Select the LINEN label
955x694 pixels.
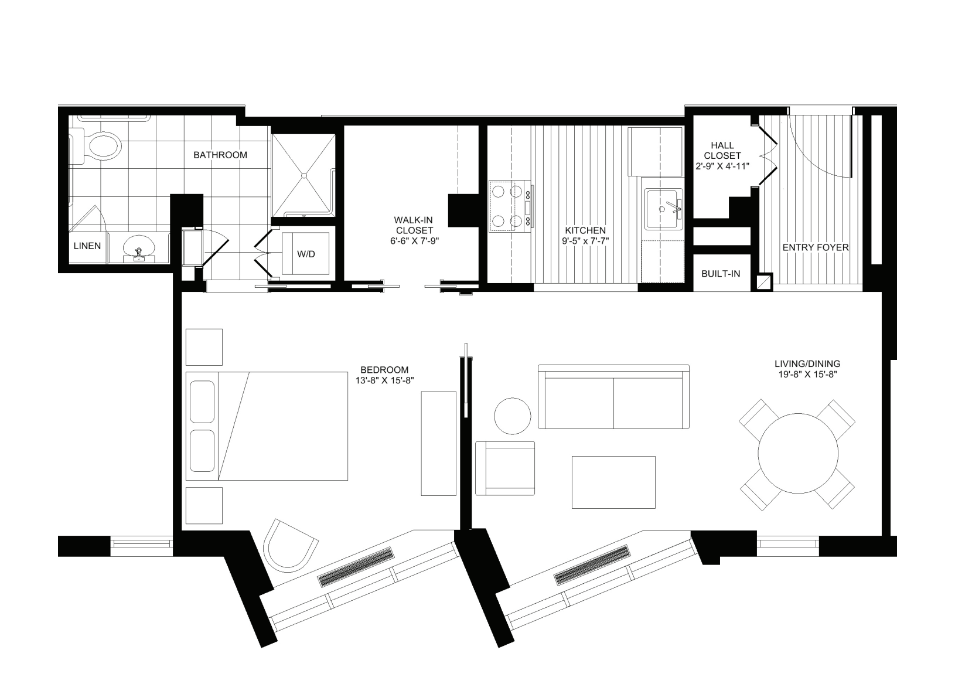pos(87,246)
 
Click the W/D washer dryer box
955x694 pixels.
pos(305,254)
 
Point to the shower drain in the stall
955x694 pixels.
pos(304,175)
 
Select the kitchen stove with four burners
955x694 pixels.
pos(509,206)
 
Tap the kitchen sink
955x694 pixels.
pos(663,209)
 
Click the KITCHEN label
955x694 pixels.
pos(585,230)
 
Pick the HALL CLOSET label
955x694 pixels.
pos(722,151)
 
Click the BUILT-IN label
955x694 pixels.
pos(721,274)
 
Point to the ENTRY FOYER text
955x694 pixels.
pos(815,248)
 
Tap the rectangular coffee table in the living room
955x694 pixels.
pos(613,482)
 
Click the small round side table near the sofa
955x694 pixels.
pos(513,416)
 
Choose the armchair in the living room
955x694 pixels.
pos(505,468)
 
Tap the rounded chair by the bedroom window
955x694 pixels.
pos(290,545)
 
